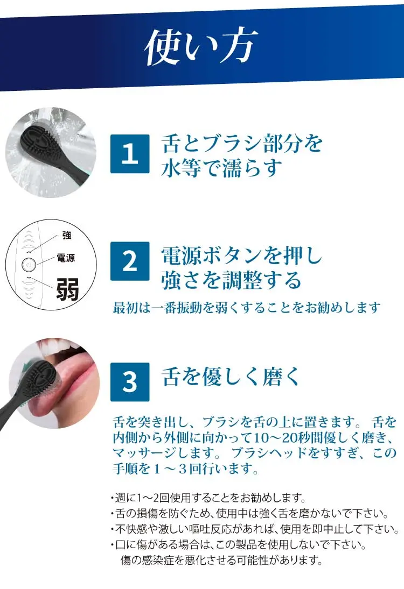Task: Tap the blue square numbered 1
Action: point(130,154)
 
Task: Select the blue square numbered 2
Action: point(130,261)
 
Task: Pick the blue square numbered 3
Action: point(130,382)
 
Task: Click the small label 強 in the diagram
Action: point(67,235)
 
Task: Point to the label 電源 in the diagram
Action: point(66,258)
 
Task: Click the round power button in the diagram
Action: point(29,265)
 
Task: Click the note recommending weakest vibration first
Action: point(247,308)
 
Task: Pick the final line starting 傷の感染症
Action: point(221,560)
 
